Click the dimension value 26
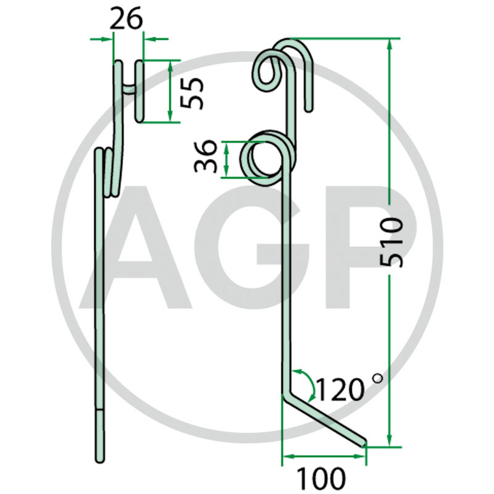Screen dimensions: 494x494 pyautogui.click(x=127, y=19)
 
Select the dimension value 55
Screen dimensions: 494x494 pyautogui.click(x=192, y=93)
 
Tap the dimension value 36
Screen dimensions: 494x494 pyautogui.click(x=206, y=157)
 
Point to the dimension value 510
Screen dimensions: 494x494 pyautogui.click(x=391, y=242)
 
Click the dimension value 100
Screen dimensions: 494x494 pyautogui.click(x=321, y=479)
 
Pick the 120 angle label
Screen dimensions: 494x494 pyautogui.click(x=340, y=390)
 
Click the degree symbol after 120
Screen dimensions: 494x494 pyautogui.click(x=377, y=378)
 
